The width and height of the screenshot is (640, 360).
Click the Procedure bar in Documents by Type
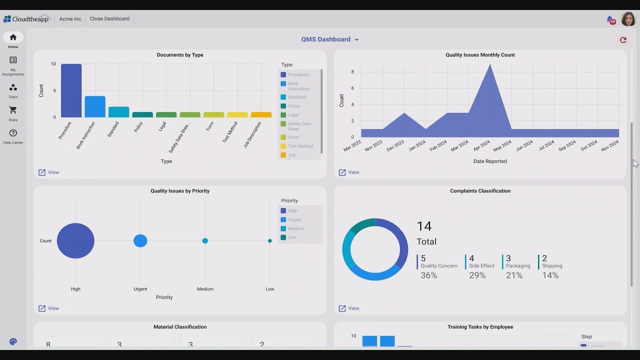[x=71, y=90]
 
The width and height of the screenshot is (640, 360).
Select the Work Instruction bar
[x=95, y=106]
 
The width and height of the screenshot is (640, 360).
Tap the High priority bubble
[x=75, y=240]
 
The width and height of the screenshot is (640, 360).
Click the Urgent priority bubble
[x=140, y=240]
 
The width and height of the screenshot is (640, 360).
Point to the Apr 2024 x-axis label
[x=481, y=146]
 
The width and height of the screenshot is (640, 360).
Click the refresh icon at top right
[x=623, y=40]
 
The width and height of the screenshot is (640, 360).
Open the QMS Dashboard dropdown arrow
[x=356, y=40]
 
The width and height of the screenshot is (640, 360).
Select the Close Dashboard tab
[x=109, y=19]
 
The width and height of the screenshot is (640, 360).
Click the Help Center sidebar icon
[x=13, y=133]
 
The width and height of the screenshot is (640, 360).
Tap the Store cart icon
[x=13, y=110]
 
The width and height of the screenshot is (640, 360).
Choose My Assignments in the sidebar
[x=13, y=60]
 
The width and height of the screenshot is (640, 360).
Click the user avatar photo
[x=628, y=19]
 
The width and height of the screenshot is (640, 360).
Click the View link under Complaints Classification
[x=349, y=308]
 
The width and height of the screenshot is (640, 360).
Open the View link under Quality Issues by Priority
[x=48, y=308]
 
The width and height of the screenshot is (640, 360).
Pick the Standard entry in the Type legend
[x=296, y=97]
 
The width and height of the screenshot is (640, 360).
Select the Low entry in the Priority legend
[x=292, y=237]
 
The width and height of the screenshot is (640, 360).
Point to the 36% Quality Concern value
[x=428, y=275]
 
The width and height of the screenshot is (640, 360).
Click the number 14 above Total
[x=424, y=226]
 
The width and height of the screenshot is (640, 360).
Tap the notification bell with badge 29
[x=610, y=19]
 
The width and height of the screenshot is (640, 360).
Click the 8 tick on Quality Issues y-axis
[x=352, y=72]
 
